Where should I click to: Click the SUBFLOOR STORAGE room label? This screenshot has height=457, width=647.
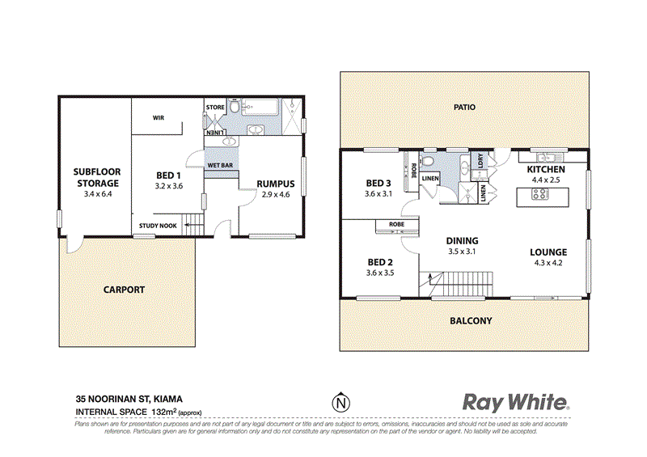pyautogui.click(x=96, y=178)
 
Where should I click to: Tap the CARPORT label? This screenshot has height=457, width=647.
pyautogui.click(x=124, y=289)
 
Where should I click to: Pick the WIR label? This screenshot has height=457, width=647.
pyautogui.click(x=159, y=117)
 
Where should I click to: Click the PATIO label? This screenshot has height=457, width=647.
pyautogui.click(x=464, y=107)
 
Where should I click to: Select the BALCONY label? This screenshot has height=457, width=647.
pyautogui.click(x=470, y=321)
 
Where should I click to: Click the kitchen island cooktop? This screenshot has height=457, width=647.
pyautogui.click(x=539, y=194)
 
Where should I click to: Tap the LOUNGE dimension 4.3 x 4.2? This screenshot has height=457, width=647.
pyautogui.click(x=549, y=262)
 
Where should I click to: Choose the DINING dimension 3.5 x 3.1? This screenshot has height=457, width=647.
pyautogui.click(x=461, y=252)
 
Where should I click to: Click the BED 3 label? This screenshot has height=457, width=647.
pyautogui.click(x=378, y=183)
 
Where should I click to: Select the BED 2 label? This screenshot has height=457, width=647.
pyautogui.click(x=378, y=263)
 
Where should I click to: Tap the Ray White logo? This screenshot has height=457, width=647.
pyautogui.click(x=516, y=402)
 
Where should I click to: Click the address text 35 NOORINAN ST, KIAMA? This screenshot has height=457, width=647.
pyautogui.click(x=129, y=399)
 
